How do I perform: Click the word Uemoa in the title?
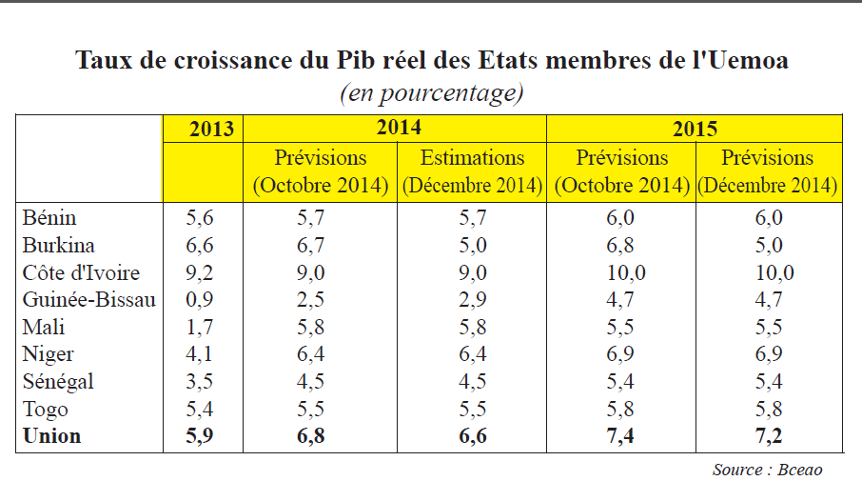pyautogui.click(x=748, y=60)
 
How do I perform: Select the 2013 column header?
pyautogui.click(x=211, y=129)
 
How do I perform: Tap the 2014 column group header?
pyautogui.click(x=399, y=127)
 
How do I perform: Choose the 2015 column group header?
pyautogui.click(x=695, y=129)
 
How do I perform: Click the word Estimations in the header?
pyautogui.click(x=472, y=158)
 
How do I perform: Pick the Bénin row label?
pyautogui.click(x=49, y=217)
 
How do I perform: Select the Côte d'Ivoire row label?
pyautogui.click(x=82, y=272)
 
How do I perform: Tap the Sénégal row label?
pyautogui.click(x=58, y=381)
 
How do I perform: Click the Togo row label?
pyautogui.click(x=46, y=410)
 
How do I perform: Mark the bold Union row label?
pyautogui.click(x=52, y=436)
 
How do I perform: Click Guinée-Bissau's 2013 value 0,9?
pyautogui.click(x=199, y=299)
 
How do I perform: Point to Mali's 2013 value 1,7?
pyautogui.click(x=199, y=327)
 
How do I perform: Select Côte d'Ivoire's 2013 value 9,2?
pyautogui.click(x=199, y=272)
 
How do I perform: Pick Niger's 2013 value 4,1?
pyautogui.click(x=199, y=354)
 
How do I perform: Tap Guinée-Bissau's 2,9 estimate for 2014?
pyautogui.click(x=473, y=299)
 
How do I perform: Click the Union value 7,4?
pyautogui.click(x=620, y=436)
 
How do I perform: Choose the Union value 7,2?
pyautogui.click(x=769, y=436)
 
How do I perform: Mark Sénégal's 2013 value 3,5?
pyautogui.click(x=199, y=381)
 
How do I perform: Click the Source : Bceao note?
pyautogui.click(x=768, y=470)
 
